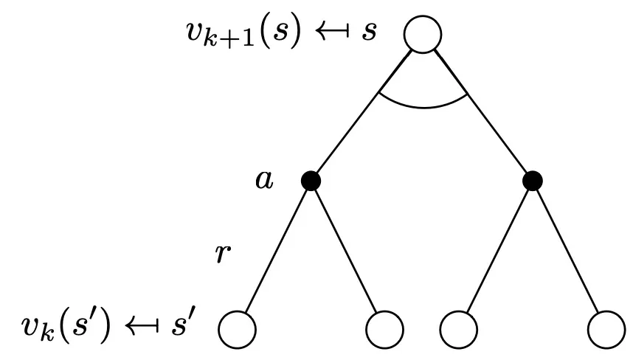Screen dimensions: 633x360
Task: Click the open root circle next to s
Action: pyautogui.click(x=423, y=35)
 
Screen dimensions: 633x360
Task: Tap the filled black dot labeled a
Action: pyautogui.click(x=311, y=180)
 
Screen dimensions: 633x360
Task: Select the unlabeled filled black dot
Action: pyautogui.click(x=532, y=180)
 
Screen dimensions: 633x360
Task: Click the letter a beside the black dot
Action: pyautogui.click(x=263, y=180)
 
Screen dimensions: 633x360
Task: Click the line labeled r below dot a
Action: pyautogui.click(x=277, y=251)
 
